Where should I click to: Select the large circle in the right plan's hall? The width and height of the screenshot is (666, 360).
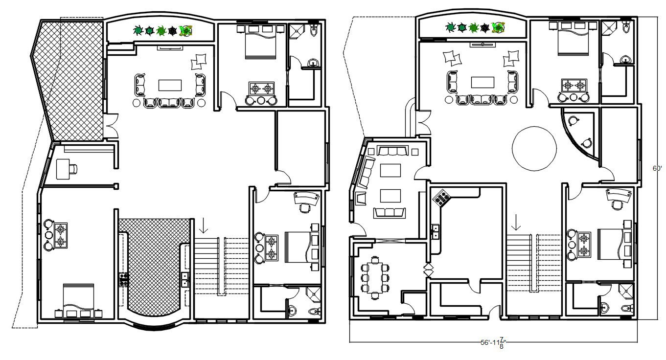[x=534, y=148]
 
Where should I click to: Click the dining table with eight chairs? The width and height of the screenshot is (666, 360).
[x=375, y=277]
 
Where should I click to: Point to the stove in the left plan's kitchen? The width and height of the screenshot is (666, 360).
[x=123, y=279]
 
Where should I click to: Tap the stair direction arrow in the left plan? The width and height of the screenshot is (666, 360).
[x=204, y=225]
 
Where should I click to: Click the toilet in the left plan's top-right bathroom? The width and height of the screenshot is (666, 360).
[x=314, y=31]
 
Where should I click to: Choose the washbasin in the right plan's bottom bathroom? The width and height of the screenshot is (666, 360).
[x=604, y=308]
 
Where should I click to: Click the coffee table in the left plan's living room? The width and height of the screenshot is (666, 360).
[x=170, y=85]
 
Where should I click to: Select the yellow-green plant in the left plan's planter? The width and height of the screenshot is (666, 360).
[x=185, y=31]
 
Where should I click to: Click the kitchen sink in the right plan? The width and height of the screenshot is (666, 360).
[x=435, y=231]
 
